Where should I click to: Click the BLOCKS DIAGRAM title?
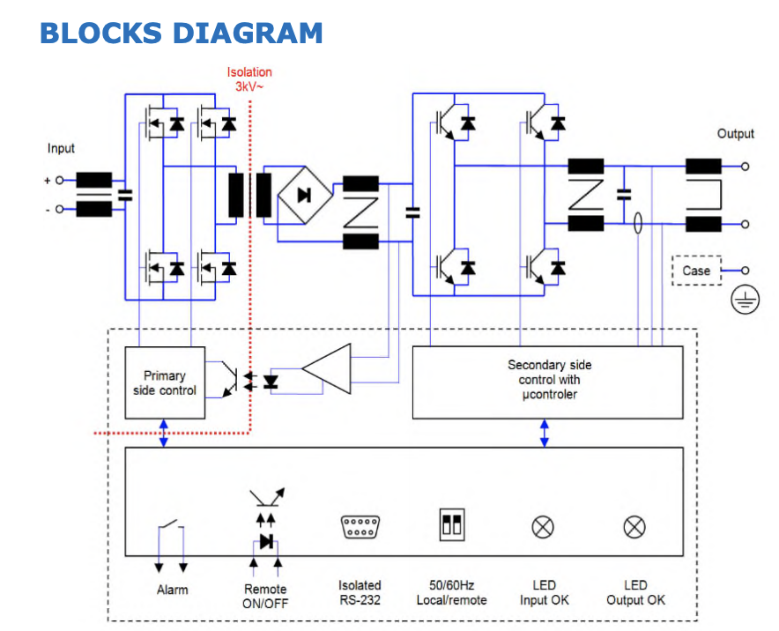[182, 33]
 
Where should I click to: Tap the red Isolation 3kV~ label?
[249, 79]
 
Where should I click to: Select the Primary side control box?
[165, 382]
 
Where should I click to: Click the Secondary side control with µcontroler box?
[548, 382]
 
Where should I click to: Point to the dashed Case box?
[695, 271]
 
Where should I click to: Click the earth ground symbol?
[745, 301]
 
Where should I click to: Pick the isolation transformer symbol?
[250, 195]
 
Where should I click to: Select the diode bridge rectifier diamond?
[305, 196]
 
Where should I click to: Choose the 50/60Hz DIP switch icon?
[452, 526]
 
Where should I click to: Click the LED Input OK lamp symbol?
[543, 527]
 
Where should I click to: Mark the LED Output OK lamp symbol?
[634, 527]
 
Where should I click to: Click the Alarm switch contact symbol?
[171, 534]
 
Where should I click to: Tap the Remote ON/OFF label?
[265, 596]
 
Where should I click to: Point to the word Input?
[61, 148]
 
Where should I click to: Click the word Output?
[735, 134]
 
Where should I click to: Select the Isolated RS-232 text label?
[360, 592]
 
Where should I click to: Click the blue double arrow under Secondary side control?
[545, 433]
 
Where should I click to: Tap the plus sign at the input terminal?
[47, 180]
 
